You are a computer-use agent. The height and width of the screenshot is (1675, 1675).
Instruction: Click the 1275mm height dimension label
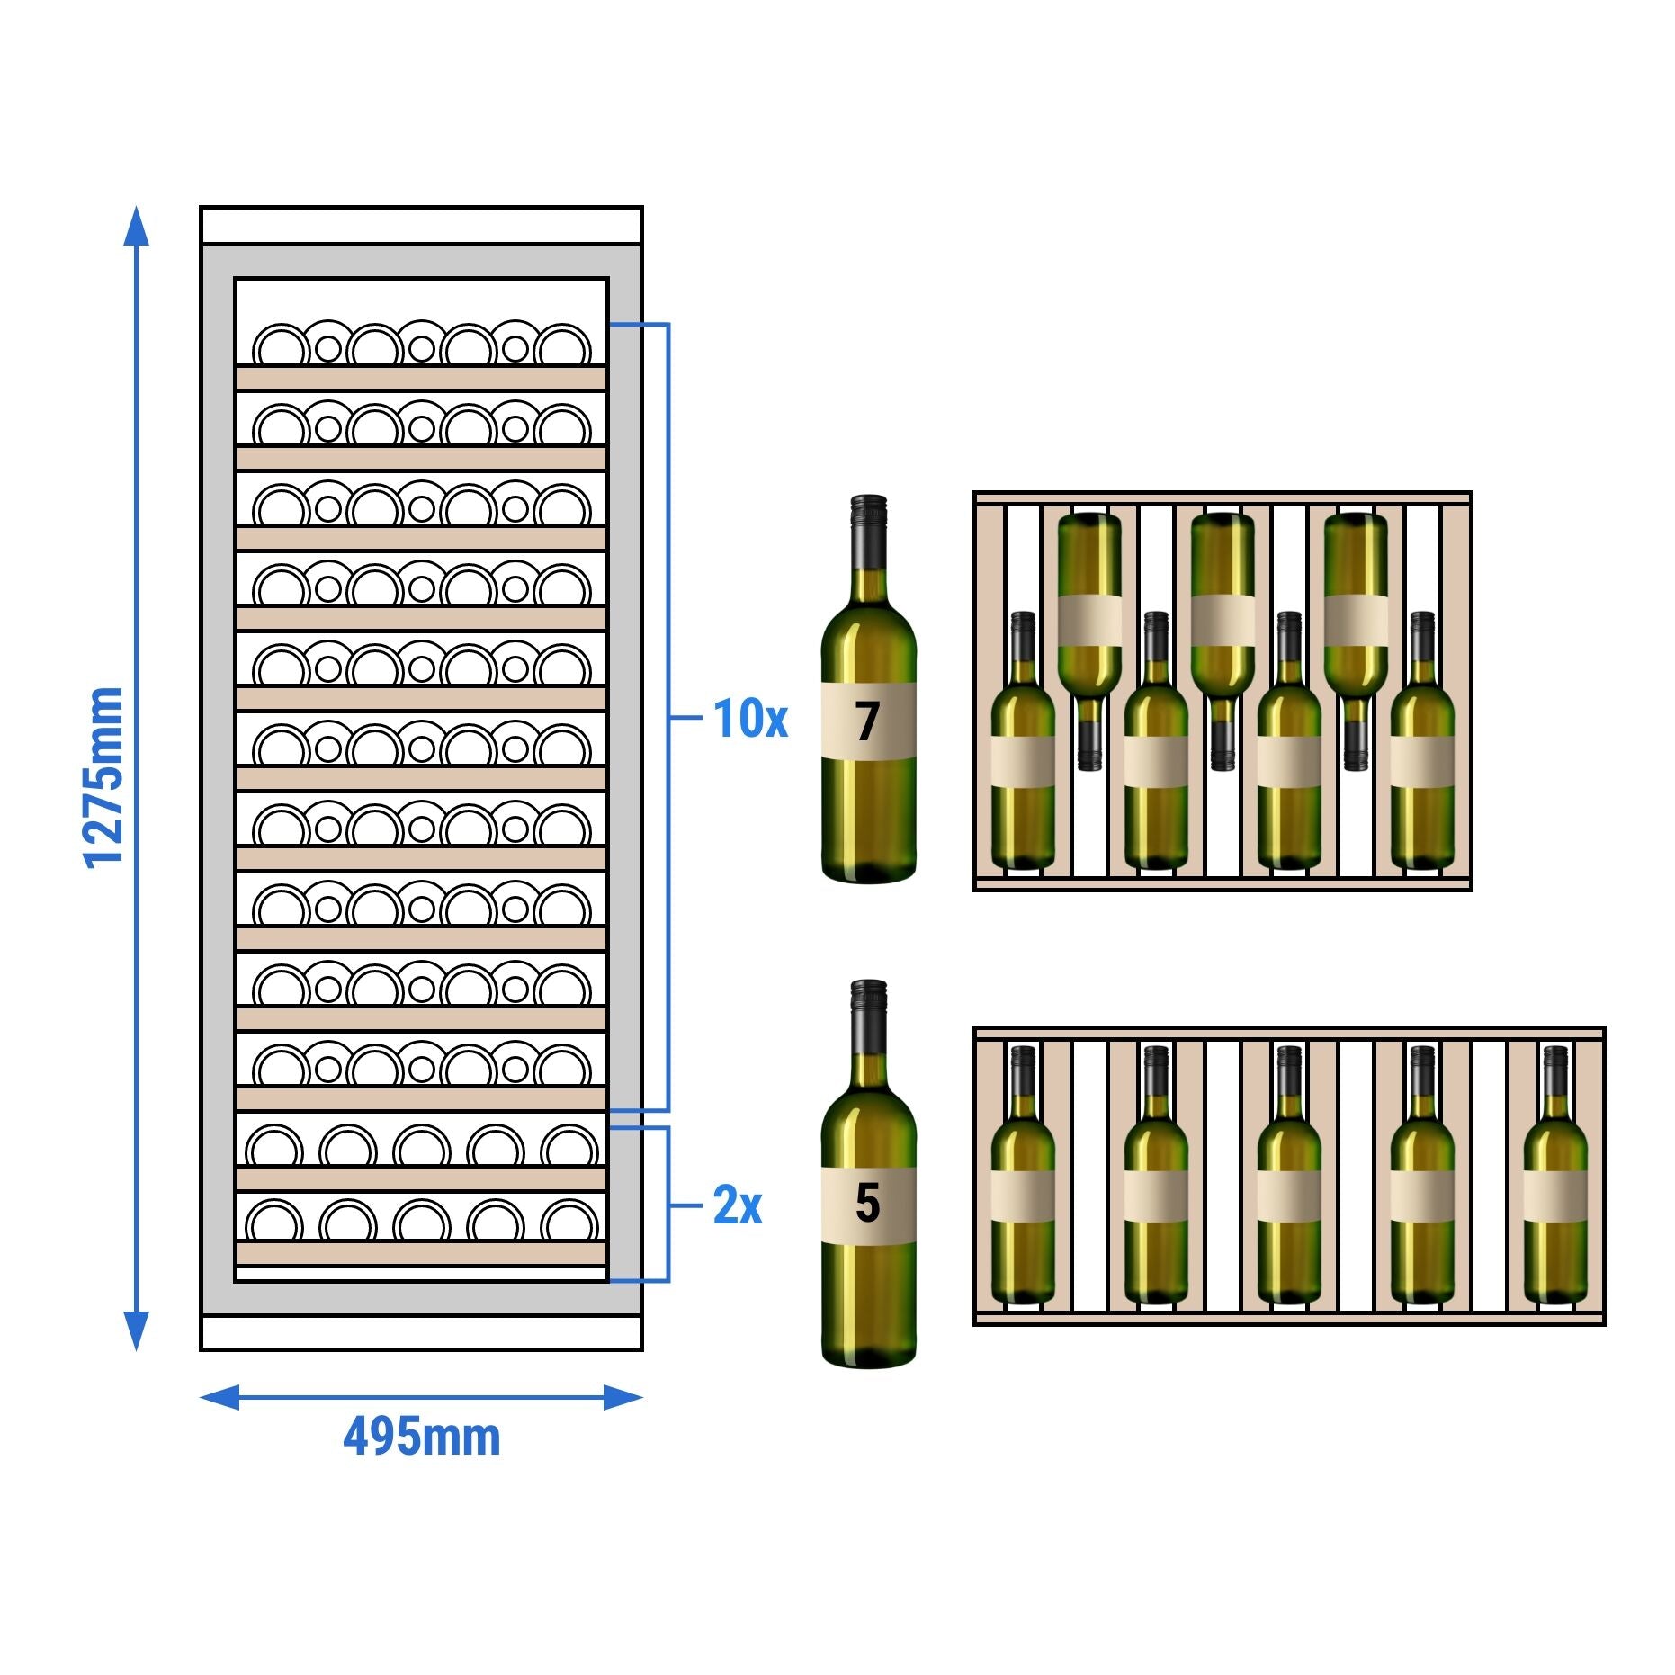click(x=103, y=777)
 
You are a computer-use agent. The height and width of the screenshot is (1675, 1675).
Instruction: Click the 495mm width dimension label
click(x=421, y=1437)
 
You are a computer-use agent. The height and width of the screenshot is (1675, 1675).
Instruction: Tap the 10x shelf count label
click(x=749, y=719)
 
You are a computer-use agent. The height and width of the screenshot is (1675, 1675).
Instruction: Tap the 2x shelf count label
click(x=737, y=1205)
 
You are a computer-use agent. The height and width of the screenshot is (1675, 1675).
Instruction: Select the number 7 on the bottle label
click(x=867, y=721)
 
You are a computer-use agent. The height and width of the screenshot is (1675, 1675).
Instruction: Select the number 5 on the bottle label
click(x=867, y=1204)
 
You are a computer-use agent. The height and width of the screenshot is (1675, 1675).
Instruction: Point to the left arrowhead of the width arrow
click(x=219, y=1397)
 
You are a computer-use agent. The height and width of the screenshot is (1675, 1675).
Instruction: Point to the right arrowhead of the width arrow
click(x=623, y=1397)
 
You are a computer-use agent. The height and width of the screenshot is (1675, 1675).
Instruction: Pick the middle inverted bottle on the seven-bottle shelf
click(x=1222, y=630)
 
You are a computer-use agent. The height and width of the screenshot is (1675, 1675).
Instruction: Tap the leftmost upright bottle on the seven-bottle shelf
click(x=1023, y=756)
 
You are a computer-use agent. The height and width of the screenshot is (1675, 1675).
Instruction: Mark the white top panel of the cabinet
click(x=421, y=225)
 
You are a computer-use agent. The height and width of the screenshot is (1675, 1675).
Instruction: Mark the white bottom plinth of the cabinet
click(x=421, y=1332)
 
